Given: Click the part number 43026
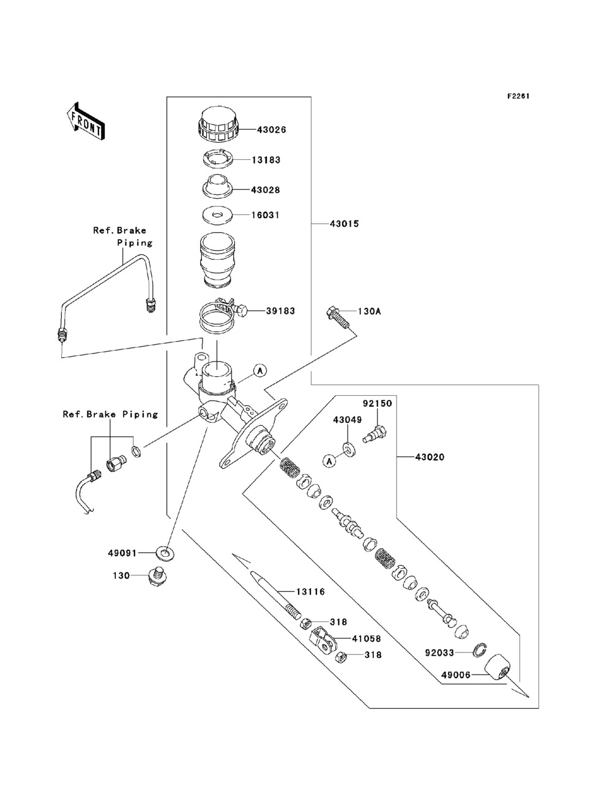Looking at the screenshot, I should pos(271,130).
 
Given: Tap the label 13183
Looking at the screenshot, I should pos(266,160).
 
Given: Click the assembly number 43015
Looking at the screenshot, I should pos(345,224).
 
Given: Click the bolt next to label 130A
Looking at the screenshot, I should pos(337,316).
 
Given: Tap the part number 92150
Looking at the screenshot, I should pos(377,404).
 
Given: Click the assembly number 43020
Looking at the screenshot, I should pos(430,457).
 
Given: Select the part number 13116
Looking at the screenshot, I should pos(310,592).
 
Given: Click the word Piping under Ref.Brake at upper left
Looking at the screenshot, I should pos(135,243).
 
